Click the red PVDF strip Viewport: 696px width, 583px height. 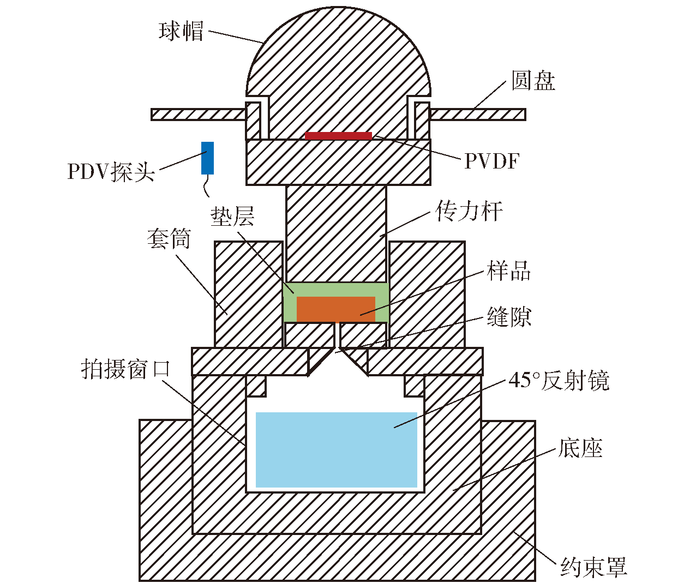coord(338,136)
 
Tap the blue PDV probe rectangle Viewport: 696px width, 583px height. coord(207,158)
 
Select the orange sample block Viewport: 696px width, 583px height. coord(336,309)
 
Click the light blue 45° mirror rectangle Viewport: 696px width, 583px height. coord(337,450)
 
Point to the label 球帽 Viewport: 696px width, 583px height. coord(181,31)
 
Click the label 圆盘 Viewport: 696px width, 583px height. coord(533,80)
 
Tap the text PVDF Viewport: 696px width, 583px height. coord(492,161)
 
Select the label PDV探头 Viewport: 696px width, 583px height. coord(111,172)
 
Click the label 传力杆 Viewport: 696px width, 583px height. coord(469,211)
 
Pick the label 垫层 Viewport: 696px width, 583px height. coord(232,216)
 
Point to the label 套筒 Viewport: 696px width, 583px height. coord(169,239)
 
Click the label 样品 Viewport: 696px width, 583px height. coord(508,271)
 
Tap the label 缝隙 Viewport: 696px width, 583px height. coord(509,316)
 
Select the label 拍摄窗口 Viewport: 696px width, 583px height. coord(125,369)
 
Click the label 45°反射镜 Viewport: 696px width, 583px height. coord(559,380)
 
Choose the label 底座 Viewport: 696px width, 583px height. coord(580,448)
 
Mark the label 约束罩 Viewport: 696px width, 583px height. coord(593,567)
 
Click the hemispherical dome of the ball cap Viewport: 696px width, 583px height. coord(339,53)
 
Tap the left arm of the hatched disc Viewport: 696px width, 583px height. coord(199,115)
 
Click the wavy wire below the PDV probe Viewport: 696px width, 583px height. coord(206,185)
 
